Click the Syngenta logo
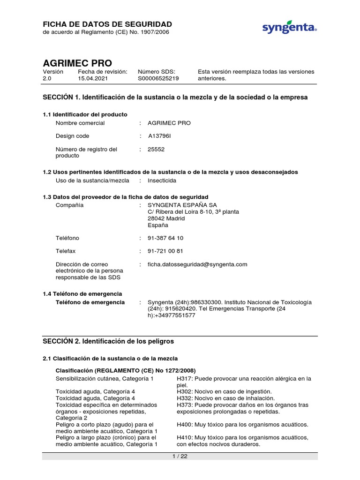(x=289, y=28)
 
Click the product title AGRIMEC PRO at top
(x=77, y=63)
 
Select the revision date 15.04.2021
(x=93, y=79)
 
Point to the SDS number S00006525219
(x=158, y=79)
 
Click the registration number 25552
(x=156, y=149)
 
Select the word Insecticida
(x=162, y=180)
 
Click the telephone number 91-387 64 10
(x=165, y=238)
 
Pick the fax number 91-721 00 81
(x=165, y=251)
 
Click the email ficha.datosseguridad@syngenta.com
(x=197, y=264)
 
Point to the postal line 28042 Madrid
(x=166, y=218)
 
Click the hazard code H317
(x=185, y=378)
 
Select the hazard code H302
(x=185, y=391)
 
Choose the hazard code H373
(x=185, y=405)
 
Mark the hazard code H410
(x=185, y=437)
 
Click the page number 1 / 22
(x=180, y=457)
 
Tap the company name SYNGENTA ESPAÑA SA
(x=176, y=205)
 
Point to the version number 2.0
(x=47, y=79)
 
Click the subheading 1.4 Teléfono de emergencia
(x=82, y=294)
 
